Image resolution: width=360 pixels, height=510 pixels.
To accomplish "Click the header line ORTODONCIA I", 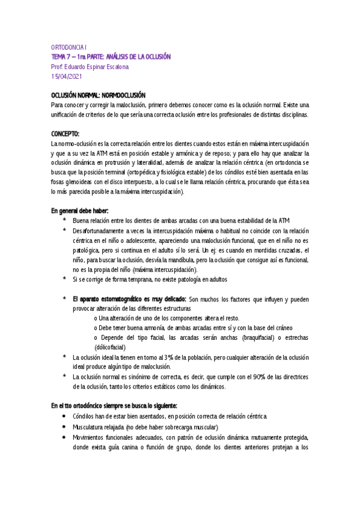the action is tap(70, 46).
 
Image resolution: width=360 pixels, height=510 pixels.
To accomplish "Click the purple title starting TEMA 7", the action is tap(111, 56).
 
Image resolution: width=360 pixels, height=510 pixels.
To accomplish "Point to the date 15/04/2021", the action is tap(67, 76).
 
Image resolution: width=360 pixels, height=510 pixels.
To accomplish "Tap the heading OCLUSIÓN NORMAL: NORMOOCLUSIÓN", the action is tap(98, 95).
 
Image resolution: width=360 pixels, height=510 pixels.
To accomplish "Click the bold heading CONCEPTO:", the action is tap(66, 134).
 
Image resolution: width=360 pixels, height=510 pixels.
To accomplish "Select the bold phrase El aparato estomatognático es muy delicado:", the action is tap(129, 299).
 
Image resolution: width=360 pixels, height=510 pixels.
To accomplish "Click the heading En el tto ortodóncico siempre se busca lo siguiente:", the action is tap(114, 405).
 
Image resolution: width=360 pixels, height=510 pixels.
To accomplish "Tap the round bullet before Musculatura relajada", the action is tap(64, 427).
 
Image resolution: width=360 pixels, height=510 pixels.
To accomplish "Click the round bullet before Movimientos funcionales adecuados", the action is tap(64, 437).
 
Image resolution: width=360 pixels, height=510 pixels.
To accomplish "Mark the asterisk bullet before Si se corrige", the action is tap(64, 280).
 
